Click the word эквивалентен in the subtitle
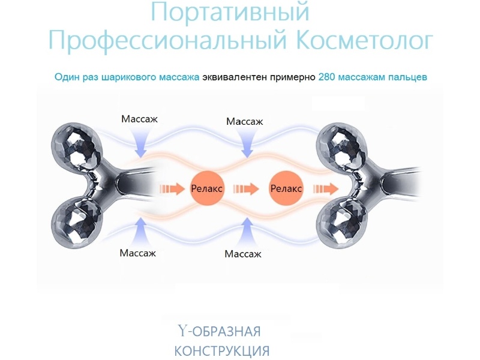point(231,77)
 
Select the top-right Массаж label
point(244,122)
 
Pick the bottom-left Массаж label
point(137,253)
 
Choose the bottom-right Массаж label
point(243,254)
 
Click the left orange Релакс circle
point(206,188)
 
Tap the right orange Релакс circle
point(286,188)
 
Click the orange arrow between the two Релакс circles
point(246,188)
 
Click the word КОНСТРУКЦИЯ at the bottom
point(221,350)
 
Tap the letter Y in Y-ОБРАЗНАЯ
point(182,331)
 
